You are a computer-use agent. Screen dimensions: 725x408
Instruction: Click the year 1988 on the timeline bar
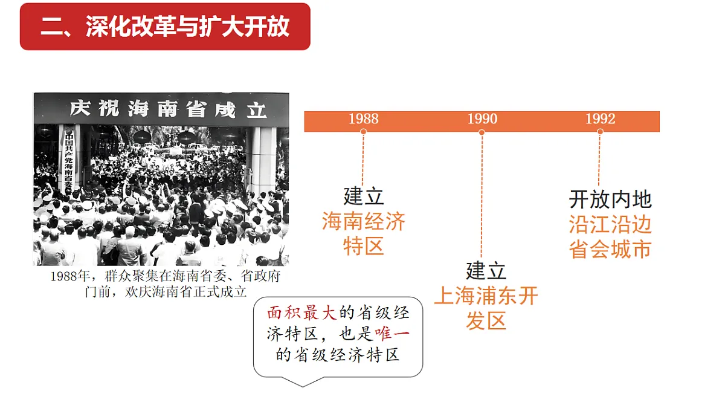364,119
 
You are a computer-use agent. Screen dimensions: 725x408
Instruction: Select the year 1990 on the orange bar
482,119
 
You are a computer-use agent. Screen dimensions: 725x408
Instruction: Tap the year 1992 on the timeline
601,119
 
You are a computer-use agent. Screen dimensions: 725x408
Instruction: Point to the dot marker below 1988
364,132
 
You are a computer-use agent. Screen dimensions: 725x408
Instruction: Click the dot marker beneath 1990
482,132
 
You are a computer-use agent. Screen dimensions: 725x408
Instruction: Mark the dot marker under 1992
600,132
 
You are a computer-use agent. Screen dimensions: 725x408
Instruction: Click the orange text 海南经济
364,221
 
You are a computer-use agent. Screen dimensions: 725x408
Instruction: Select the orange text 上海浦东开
486,296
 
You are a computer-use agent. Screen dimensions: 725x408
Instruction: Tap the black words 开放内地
610,199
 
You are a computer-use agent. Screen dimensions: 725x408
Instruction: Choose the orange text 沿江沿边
610,224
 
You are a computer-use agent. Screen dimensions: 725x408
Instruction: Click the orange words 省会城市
610,249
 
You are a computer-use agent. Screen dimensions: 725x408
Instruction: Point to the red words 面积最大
302,313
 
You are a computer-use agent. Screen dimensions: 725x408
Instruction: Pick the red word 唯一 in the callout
392,334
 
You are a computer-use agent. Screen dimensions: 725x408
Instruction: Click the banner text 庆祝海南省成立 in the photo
168,109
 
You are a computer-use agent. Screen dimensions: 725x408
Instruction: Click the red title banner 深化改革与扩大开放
165,27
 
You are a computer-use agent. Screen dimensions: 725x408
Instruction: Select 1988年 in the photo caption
70,276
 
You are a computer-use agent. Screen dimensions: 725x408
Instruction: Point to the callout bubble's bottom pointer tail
303,386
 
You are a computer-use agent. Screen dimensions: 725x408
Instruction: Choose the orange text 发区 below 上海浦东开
486,320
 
